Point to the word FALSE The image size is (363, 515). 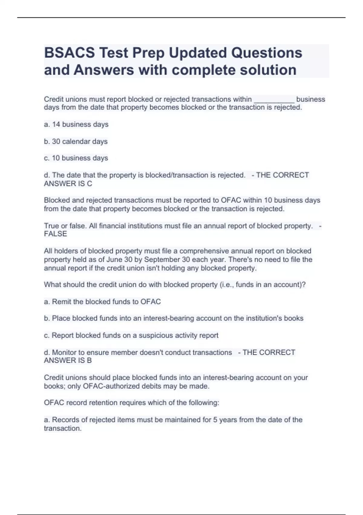[x=55, y=234]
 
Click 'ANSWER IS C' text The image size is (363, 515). [x=68, y=184]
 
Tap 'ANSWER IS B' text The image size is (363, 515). [x=68, y=360]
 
